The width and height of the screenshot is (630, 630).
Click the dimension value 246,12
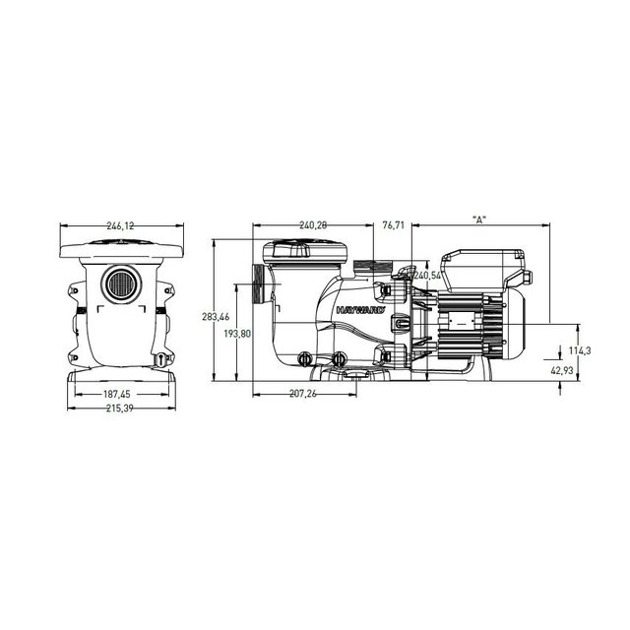click(116, 225)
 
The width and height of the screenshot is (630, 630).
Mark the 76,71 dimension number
click(393, 225)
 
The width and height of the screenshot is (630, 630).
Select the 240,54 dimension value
click(428, 277)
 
